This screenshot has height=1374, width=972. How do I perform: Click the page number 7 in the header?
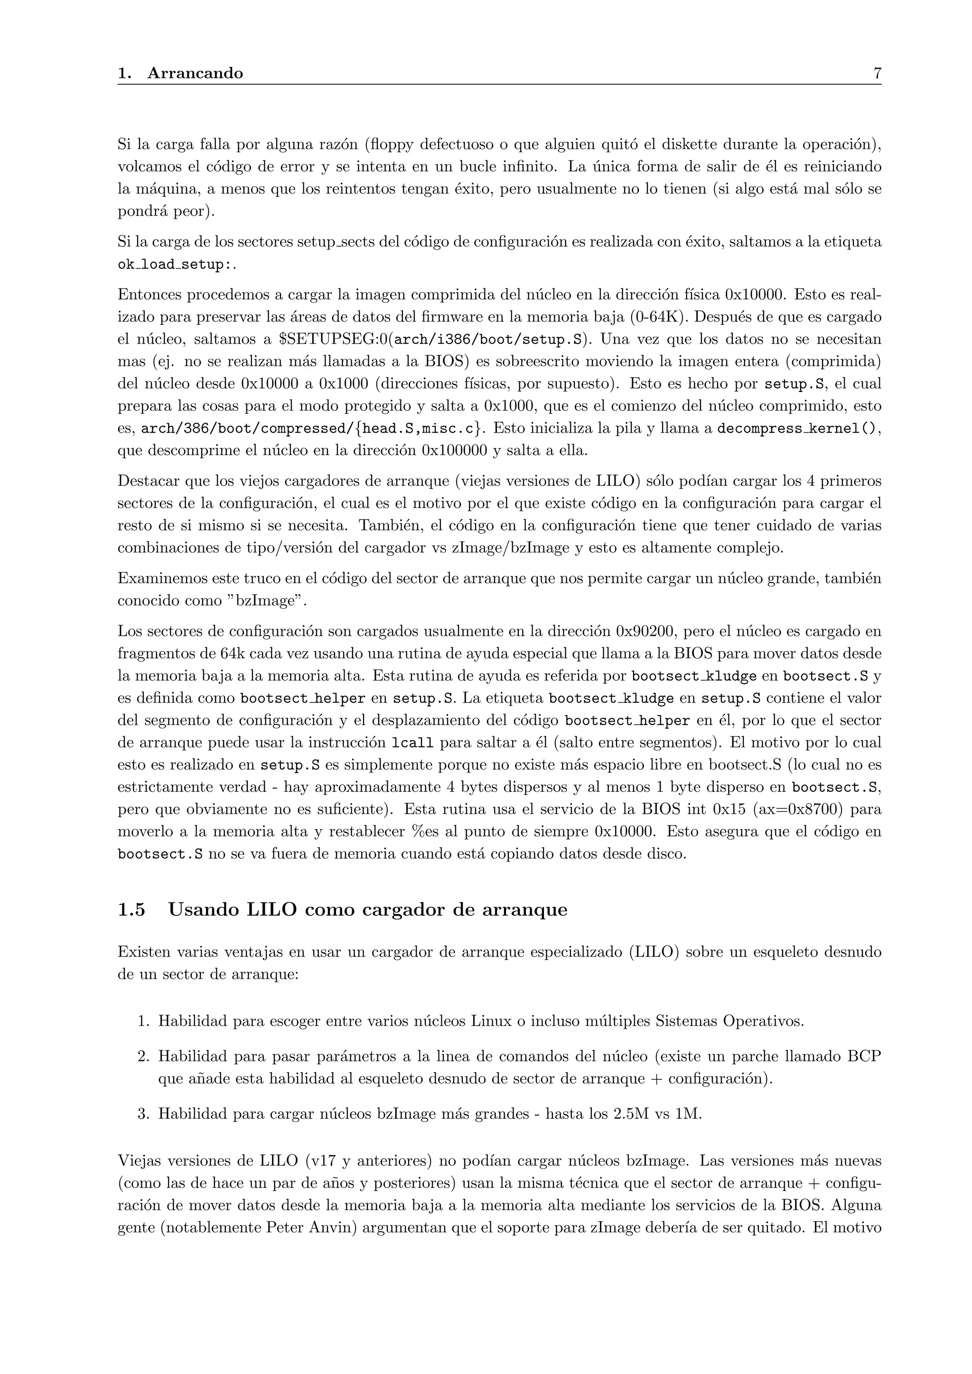pos(877,74)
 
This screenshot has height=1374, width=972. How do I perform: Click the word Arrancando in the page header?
pos(195,74)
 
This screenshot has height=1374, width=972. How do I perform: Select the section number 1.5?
pos(131,910)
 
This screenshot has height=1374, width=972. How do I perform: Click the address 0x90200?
pos(646,631)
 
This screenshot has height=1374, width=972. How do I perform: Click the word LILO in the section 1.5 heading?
pos(272,910)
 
